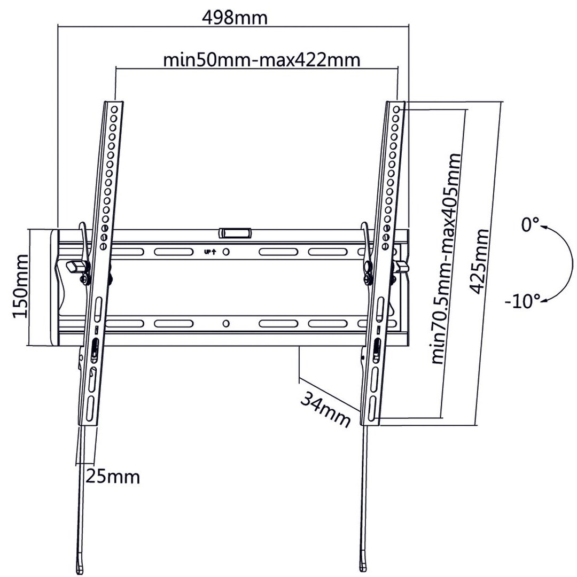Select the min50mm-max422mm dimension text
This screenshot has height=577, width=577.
pyautogui.click(x=261, y=59)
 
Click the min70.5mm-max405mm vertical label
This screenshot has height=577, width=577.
pyautogui.click(x=446, y=259)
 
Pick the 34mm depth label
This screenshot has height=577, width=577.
pyautogui.click(x=325, y=409)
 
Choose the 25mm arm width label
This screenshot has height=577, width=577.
pyautogui.click(x=113, y=476)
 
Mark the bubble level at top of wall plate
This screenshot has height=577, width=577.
pyautogui.click(x=235, y=233)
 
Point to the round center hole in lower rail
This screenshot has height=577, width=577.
pyautogui.click(x=226, y=324)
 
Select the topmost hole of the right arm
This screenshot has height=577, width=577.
pyautogui.click(x=396, y=108)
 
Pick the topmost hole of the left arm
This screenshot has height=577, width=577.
pyautogui.click(x=114, y=108)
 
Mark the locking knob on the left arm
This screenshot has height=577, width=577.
pyautogui.click(x=74, y=265)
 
